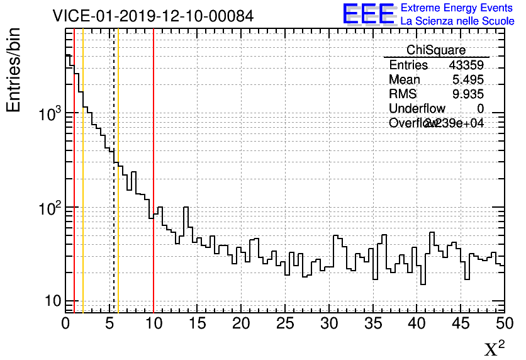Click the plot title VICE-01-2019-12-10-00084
coord(153,16)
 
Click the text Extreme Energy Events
coord(457,8)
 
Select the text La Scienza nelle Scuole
coord(457,21)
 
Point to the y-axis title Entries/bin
coord(14,69)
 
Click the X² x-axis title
coord(494,349)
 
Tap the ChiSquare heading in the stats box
coord(436,50)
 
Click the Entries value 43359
coord(466,65)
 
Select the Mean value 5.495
coord(468,80)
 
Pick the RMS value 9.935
coord(468,94)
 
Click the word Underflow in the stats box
coord(417,109)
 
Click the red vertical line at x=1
coord(74,189)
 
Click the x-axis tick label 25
coord(285,323)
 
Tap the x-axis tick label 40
coord(417,323)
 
